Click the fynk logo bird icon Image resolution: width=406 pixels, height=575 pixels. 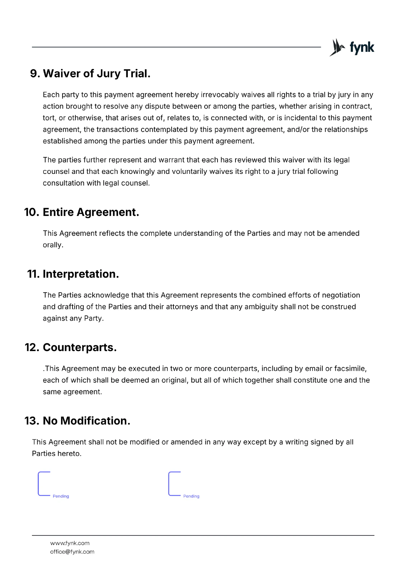[x=337, y=47]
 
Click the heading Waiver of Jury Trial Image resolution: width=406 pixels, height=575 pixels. [x=96, y=73]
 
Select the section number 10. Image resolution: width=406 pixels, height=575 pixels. [x=31, y=212]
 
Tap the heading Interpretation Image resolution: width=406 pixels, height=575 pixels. [x=81, y=274]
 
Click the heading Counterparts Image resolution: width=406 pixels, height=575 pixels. [x=80, y=348]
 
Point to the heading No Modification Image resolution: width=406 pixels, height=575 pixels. [x=86, y=421]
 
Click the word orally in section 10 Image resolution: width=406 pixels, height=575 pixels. [x=53, y=245]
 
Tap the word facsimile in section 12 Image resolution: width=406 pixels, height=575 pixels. [x=350, y=369]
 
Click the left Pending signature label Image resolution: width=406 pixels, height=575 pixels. [x=61, y=496]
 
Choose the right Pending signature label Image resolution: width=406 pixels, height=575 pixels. [x=191, y=496]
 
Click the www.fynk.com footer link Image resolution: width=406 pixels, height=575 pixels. [x=70, y=543]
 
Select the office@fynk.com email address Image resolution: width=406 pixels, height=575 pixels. [x=72, y=552]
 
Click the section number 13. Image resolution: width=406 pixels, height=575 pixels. [x=31, y=421]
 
